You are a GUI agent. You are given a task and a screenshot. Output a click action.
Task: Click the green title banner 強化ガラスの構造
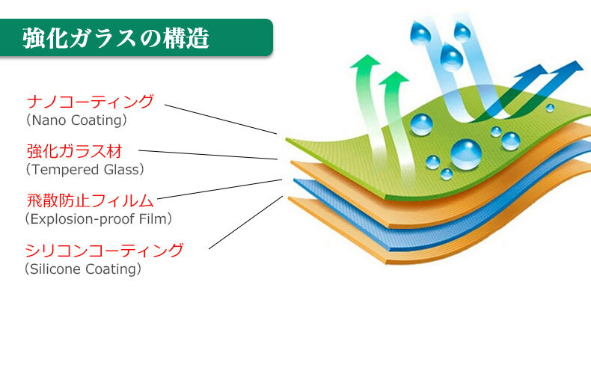tap(136, 37)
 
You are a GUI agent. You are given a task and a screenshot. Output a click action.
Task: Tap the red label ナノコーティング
tap(91, 102)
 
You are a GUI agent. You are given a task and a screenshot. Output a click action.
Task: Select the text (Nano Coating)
tap(76, 120)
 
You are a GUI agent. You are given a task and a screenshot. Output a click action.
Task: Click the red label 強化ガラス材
tap(75, 151)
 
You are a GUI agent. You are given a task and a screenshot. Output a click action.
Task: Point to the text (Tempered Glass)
tap(85, 170)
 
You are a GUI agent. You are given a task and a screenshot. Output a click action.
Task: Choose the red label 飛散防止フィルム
tap(90, 200)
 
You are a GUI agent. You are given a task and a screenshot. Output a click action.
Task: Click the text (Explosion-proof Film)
tap(99, 219)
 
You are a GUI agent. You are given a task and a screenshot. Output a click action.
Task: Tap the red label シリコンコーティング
tap(104, 251)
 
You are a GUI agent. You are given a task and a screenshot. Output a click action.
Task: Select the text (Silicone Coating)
tap(83, 269)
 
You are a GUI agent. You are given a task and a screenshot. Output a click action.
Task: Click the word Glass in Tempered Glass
tap(121, 170)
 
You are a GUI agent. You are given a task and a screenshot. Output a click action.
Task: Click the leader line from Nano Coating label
tap(221, 119)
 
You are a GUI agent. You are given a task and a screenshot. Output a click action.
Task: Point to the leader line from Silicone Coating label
tap(245, 222)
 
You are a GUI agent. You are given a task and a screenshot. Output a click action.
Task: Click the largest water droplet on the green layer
tap(466, 154)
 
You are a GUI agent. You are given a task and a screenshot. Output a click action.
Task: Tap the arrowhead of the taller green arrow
tap(365, 61)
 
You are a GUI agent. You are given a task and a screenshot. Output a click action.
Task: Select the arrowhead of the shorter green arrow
tap(394, 78)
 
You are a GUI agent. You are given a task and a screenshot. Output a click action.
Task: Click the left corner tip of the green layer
tap(286, 139)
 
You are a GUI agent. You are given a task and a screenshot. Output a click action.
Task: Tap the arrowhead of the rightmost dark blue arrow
tap(571, 69)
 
